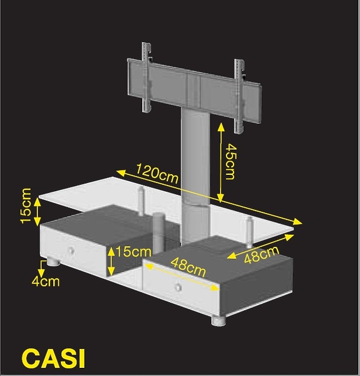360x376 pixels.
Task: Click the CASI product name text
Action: click(53, 358)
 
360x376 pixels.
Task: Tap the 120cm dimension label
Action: click(157, 173)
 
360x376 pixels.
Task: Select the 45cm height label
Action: click(231, 162)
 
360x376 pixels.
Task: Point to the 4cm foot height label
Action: click(46, 281)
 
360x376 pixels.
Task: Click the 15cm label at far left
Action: click(26, 206)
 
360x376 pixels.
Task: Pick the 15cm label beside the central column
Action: click(133, 252)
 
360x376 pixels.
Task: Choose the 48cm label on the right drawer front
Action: click(188, 267)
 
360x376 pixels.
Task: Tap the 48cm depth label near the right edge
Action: click(262, 254)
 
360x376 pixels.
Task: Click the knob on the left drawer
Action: click(71, 251)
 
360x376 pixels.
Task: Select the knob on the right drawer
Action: click(177, 286)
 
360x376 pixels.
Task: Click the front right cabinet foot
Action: click(219, 321)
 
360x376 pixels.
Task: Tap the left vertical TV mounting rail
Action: click(146, 76)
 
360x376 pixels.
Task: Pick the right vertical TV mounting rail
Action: click(239, 96)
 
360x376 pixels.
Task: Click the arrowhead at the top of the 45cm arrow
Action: click(221, 127)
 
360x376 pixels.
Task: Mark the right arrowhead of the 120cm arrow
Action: click(298, 222)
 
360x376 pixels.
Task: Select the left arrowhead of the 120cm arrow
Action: click(121, 173)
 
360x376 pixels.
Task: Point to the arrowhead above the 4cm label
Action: click(41, 273)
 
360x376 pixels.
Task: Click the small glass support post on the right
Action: click(250, 232)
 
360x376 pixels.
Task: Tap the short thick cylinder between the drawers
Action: click(158, 232)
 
